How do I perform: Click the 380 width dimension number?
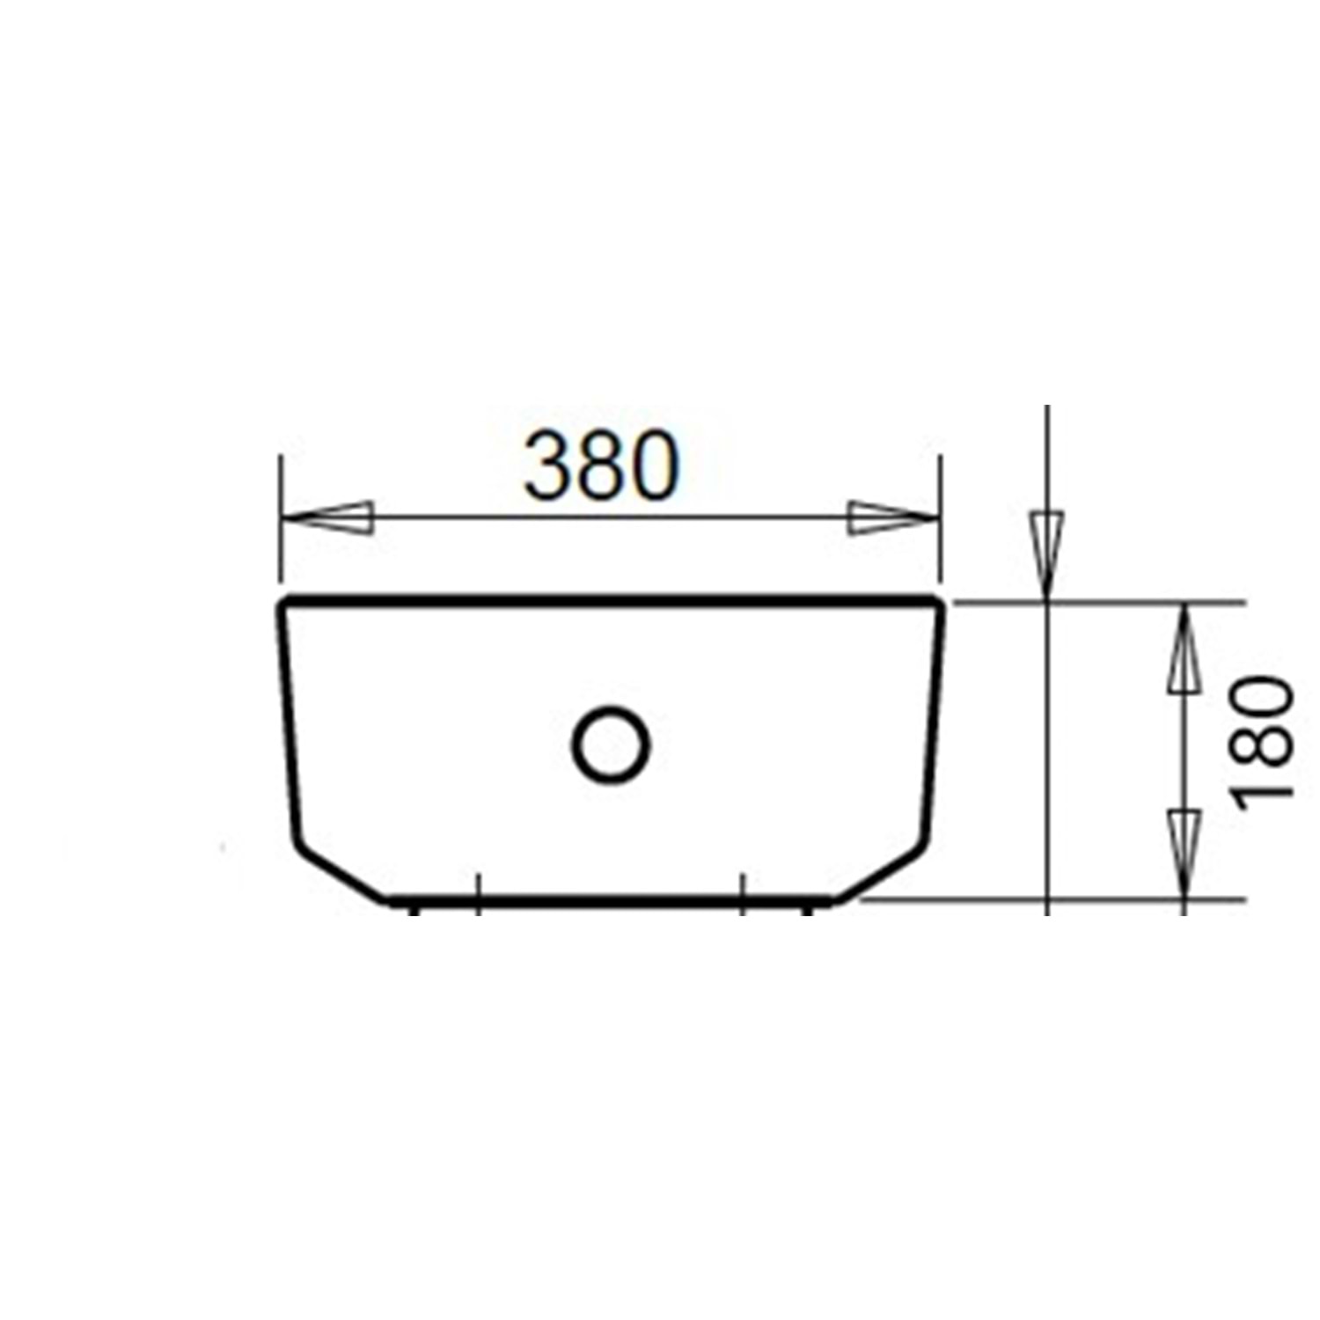click(602, 466)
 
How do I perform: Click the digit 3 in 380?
click(548, 466)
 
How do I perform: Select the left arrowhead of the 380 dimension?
click(327, 517)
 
